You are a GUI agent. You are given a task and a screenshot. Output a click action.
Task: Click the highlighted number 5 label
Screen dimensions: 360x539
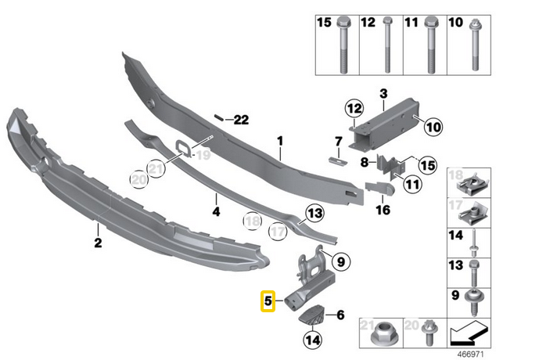coord(268,300)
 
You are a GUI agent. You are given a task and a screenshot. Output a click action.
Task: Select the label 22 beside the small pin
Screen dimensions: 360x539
coord(239,119)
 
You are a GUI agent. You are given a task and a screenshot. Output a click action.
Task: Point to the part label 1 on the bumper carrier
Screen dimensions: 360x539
coord(277,142)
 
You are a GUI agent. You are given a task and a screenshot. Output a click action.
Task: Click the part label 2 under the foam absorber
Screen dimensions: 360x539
coord(98,243)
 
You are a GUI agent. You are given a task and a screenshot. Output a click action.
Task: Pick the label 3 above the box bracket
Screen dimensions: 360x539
coord(383,95)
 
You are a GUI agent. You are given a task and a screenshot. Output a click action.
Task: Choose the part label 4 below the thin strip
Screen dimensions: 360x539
coord(216,210)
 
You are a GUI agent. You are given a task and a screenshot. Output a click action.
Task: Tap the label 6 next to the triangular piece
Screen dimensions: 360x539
coord(340,315)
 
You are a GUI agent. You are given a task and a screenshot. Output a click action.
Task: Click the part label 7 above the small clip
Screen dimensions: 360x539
coord(339,142)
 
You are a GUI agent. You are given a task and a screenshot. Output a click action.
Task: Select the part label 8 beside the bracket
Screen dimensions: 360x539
coord(363,162)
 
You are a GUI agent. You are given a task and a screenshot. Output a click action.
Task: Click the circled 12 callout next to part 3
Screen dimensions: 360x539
coord(354,108)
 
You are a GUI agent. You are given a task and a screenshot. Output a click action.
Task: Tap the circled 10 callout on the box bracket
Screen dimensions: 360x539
coord(433,124)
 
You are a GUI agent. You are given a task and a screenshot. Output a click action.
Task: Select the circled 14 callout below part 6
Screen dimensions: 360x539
coord(314,340)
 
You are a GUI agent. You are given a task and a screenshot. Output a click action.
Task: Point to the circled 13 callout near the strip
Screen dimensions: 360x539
coord(314,211)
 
